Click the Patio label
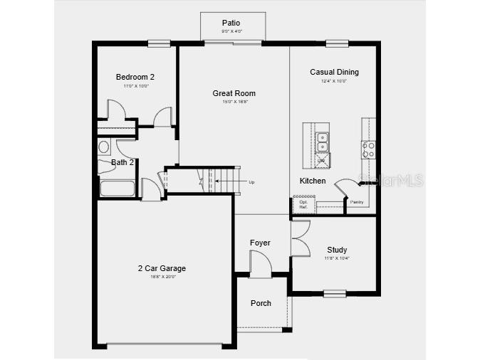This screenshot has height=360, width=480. (231, 23)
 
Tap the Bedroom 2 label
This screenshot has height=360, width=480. (135, 77)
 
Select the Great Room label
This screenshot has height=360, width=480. (234, 93)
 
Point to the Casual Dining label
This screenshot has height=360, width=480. (334, 72)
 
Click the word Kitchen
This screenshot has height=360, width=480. (313, 181)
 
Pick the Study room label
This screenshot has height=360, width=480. (337, 250)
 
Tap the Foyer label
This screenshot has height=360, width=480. (260, 243)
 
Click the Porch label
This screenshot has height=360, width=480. (261, 303)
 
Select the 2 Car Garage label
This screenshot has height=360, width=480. (162, 268)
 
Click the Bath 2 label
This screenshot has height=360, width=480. (122, 162)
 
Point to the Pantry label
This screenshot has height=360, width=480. (357, 202)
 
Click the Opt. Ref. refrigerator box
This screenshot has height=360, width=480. (303, 204)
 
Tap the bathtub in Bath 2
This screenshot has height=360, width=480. (118, 189)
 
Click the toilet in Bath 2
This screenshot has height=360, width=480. (104, 147)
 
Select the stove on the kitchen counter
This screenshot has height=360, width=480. (368, 149)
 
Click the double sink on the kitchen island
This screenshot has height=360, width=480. (323, 142)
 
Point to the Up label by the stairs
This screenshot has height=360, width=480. (251, 182)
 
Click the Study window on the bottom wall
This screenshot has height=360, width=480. (335, 293)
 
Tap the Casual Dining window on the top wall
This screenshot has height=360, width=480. (337, 43)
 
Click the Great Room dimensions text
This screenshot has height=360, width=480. (234, 102)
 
